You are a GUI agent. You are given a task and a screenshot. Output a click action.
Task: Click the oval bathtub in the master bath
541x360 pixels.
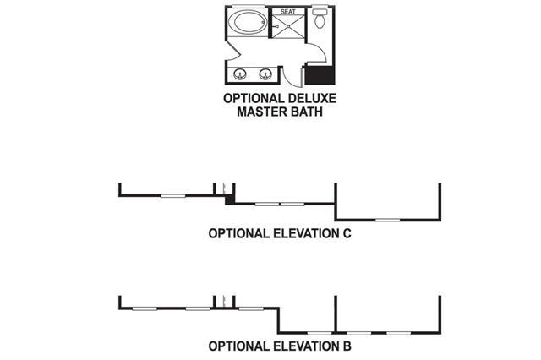pyautogui.click(x=249, y=22)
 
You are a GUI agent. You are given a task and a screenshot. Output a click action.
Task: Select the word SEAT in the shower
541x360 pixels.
pyautogui.click(x=288, y=13)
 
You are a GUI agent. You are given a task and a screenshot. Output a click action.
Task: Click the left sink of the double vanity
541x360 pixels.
pyautogui.click(x=240, y=73)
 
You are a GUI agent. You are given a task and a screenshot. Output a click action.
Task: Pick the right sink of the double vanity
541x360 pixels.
pyautogui.click(x=265, y=73)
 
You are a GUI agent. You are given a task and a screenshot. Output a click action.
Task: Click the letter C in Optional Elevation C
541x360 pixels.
pyautogui.click(x=346, y=234)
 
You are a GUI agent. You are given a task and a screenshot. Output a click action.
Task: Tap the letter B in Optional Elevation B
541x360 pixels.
pyautogui.click(x=346, y=346)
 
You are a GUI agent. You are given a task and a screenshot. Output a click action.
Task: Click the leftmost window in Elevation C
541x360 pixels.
pyautogui.click(x=172, y=196)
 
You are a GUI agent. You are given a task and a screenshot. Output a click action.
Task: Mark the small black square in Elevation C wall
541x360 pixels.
pyautogui.click(x=228, y=200)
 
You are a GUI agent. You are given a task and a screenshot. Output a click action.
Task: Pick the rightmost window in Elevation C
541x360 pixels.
pyautogui.click(x=388, y=220)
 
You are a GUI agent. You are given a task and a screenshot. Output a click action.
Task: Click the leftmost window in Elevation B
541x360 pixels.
pyautogui.click(x=145, y=308)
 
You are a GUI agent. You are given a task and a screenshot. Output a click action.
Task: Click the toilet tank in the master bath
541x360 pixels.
pyautogui.click(x=320, y=11)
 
